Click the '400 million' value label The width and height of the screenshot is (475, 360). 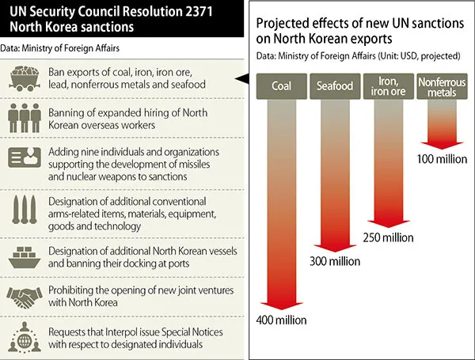(x=280, y=320)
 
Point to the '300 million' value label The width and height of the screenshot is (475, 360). (x=333, y=261)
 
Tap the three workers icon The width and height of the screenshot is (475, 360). (x=23, y=118)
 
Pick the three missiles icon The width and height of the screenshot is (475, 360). (x=23, y=212)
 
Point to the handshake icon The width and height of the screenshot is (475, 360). (x=23, y=298)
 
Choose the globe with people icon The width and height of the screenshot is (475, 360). (x=23, y=336)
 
